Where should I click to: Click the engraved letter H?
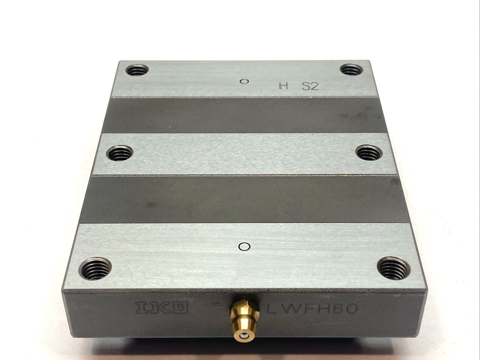tap(283, 86)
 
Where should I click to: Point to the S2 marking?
tap(310, 86)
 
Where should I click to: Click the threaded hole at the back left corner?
tap(137, 70)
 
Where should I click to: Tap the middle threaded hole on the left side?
tap(120, 153)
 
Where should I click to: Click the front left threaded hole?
tap(95, 268)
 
